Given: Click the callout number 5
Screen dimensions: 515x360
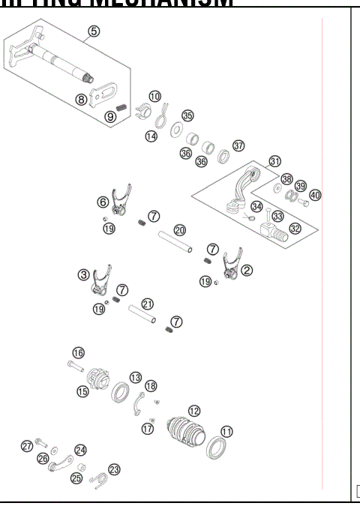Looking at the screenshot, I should [93, 31].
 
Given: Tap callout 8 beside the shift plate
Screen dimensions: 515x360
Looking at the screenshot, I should [81, 98].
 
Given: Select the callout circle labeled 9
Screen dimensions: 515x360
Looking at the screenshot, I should [110, 116].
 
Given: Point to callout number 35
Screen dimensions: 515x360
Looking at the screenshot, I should [187, 115].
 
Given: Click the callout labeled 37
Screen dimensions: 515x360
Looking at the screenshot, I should [238, 145].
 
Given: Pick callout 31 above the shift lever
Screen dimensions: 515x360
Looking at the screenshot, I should [275, 161].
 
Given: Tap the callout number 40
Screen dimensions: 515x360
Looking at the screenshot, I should [315, 195].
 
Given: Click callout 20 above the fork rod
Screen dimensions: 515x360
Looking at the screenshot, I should [180, 230].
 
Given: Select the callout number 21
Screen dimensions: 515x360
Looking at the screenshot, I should [147, 304].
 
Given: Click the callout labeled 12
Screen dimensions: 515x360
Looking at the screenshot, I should [194, 411].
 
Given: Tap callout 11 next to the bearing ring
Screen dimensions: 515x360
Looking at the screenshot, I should [226, 432].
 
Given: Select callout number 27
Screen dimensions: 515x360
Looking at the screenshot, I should [27, 446].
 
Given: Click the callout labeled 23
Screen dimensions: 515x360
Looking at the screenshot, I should [114, 469].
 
